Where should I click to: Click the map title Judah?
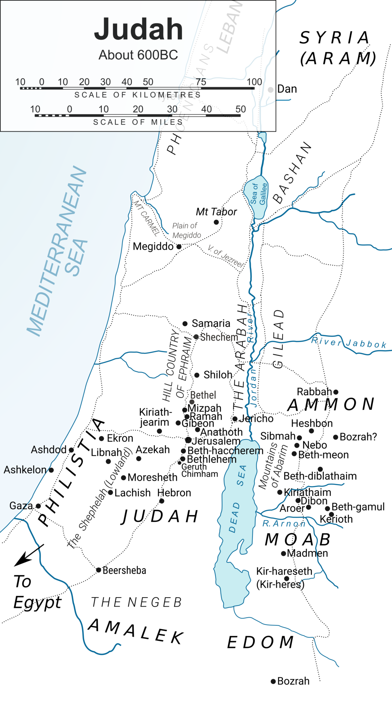pyautogui.click(x=138, y=29)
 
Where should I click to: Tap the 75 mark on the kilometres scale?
pyautogui.click(x=201, y=82)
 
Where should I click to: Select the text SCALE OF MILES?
pyautogui.click(x=138, y=122)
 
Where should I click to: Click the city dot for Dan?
pyautogui.click(x=271, y=90)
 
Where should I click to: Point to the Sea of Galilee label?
pyautogui.click(x=258, y=194)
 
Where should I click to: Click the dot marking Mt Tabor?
pyautogui.click(x=216, y=222)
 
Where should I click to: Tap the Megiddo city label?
pyautogui.click(x=153, y=247)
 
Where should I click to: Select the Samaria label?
pyautogui.click(x=211, y=323)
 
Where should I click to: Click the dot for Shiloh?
pyautogui.click(x=197, y=375)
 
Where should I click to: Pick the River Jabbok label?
pyautogui.click(x=348, y=343)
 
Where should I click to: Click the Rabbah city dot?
pyautogui.click(x=336, y=392)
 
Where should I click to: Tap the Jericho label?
pyautogui.click(x=256, y=419)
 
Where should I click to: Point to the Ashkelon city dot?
pyautogui.click(x=51, y=470)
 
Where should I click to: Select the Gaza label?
pyautogui.click(x=21, y=506)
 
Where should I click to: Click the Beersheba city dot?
pyautogui.click(x=98, y=570)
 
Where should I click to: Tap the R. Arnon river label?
pyautogui.click(x=284, y=524)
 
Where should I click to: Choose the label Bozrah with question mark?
pyautogui.click(x=358, y=437)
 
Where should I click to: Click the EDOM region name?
pyautogui.click(x=261, y=642)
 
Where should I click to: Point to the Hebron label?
pyautogui.click(x=174, y=493)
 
